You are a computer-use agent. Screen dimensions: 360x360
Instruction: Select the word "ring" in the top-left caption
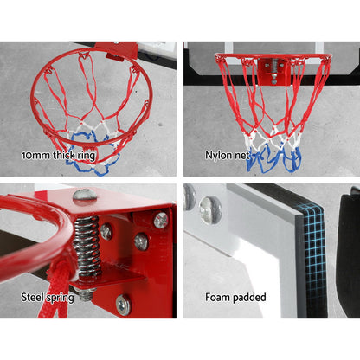pos(86,157)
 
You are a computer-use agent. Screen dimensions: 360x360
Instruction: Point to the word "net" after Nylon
pos(241,156)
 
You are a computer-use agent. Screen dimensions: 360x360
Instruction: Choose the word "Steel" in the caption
pos(31,297)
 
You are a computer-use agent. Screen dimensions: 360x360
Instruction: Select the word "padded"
pos(249,297)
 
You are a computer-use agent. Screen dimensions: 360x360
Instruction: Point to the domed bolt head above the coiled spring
pos(85,195)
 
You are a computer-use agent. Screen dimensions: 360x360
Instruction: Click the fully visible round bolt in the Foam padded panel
pos(210,209)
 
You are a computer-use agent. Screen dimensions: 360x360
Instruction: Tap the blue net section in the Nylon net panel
pos(273,159)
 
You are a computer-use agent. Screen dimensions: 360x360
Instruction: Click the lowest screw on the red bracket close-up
pos(124,305)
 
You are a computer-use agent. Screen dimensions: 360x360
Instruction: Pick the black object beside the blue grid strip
pos(349,254)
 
